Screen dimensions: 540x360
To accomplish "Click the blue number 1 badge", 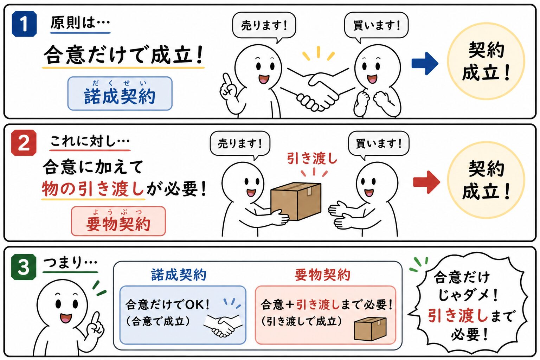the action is click(24, 24).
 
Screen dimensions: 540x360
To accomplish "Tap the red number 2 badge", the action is click(24, 142).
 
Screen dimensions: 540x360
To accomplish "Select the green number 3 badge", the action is click(24, 267).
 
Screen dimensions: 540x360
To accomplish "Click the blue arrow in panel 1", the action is click(425, 63).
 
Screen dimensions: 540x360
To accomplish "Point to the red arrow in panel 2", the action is click(426, 182).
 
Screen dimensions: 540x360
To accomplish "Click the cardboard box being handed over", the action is click(296, 201).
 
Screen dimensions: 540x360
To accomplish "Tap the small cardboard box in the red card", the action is click(370, 329).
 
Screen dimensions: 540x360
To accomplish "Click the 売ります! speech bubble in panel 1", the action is click(264, 26).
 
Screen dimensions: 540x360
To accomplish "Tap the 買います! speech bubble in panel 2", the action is click(379, 144).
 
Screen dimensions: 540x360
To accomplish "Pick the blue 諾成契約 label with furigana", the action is click(120, 94).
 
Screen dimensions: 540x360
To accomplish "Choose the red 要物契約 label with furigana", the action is click(118, 221).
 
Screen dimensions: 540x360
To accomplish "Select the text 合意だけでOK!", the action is click(167, 305).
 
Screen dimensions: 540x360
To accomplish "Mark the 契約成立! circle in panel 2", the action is click(486, 180).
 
